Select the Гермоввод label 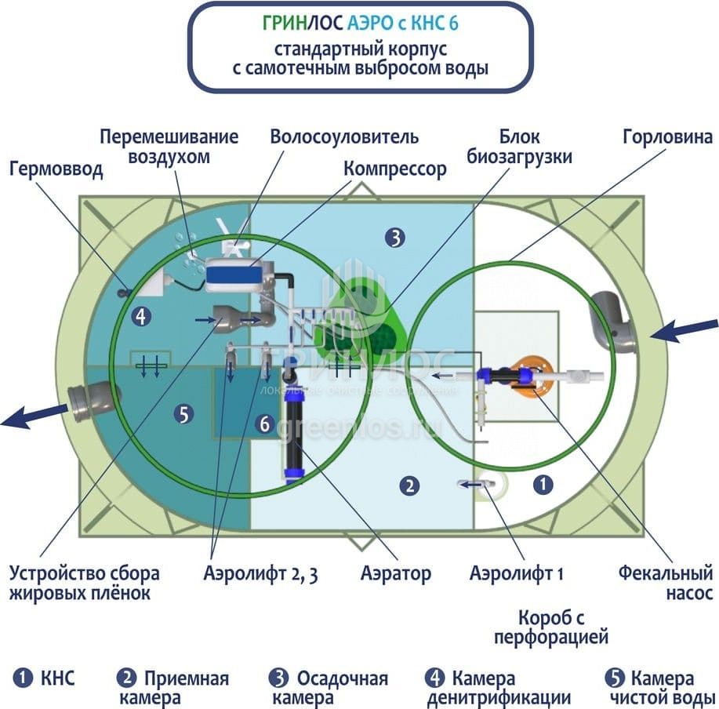56,169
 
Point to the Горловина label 667,137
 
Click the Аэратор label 395,573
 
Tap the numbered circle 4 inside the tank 141,317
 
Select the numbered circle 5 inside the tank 184,414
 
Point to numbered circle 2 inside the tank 409,486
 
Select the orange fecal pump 521,374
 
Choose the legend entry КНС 48,678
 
